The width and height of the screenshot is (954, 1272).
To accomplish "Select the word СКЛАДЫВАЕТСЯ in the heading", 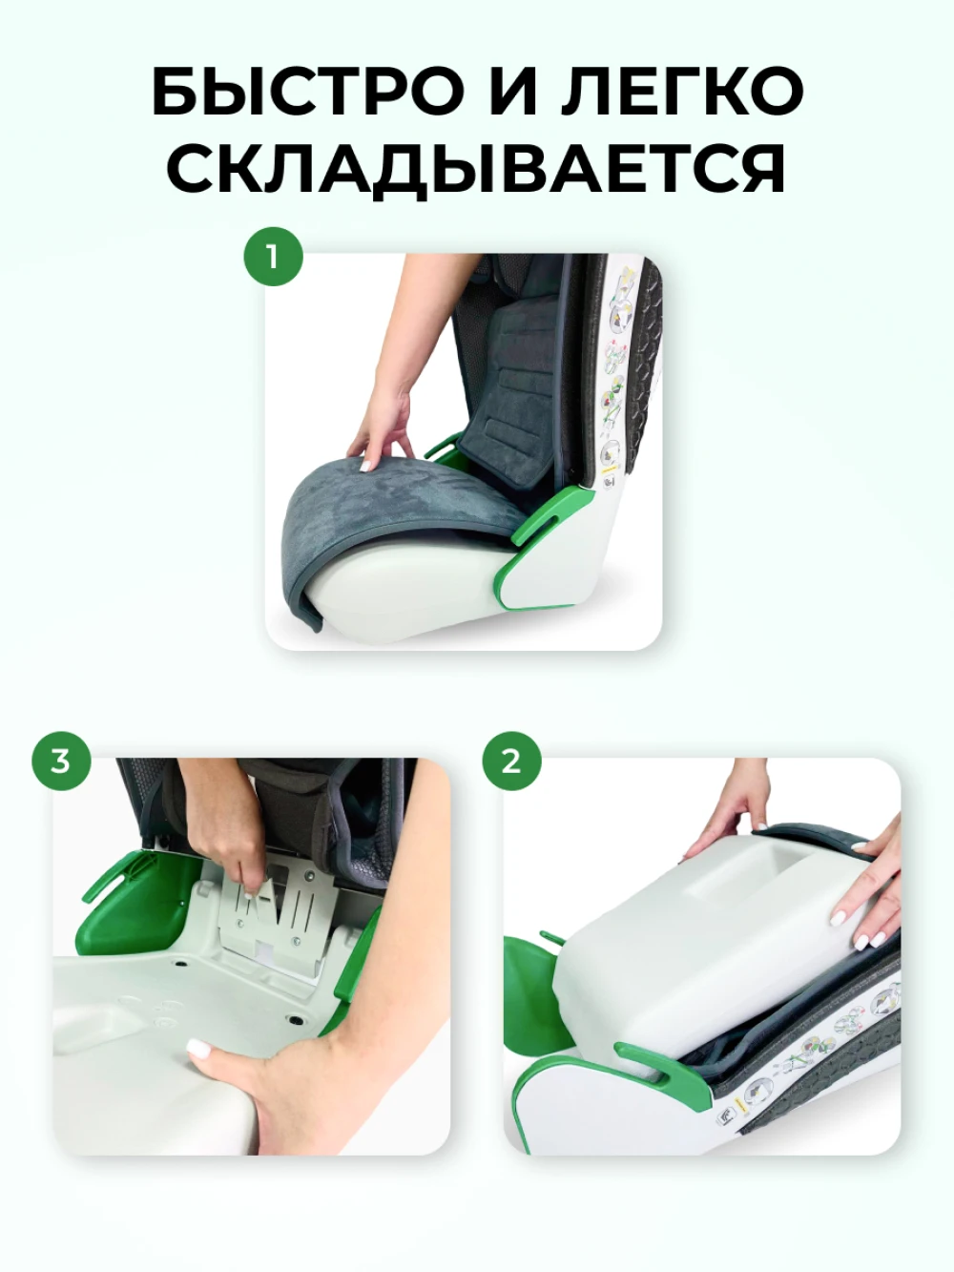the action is pos(476,168).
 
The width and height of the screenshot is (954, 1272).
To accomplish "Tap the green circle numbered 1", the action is pos(273,256).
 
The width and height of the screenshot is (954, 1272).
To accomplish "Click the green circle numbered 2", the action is pos(511,761).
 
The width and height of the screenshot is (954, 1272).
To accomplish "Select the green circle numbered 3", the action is pos(61,761).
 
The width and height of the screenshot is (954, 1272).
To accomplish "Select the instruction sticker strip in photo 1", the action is pos(612,377).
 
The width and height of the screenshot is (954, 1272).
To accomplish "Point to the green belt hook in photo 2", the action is pos(660,1072).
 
